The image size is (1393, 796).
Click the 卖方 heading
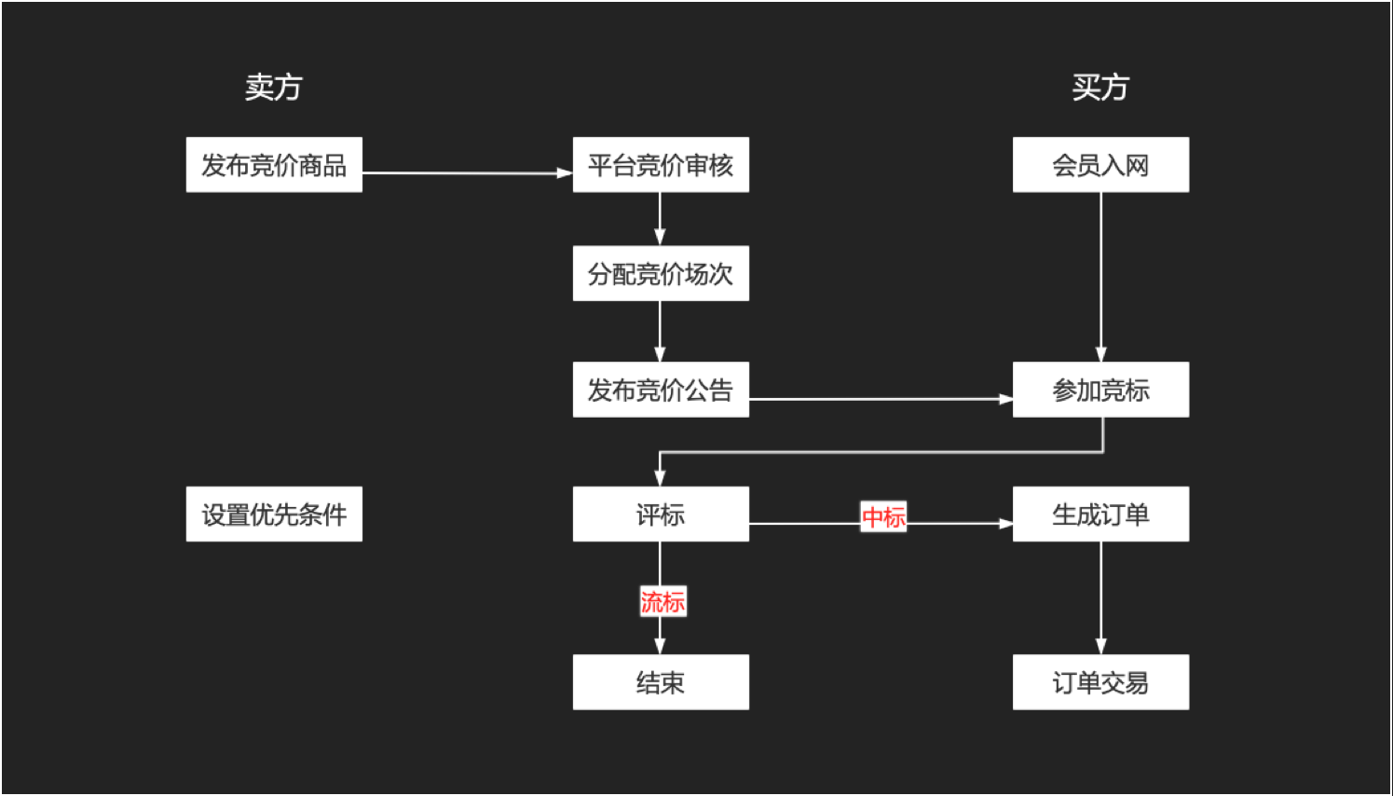point(273,88)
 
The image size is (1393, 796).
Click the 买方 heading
point(1099,88)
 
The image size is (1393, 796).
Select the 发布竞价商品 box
point(274,165)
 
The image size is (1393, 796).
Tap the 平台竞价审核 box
point(661,165)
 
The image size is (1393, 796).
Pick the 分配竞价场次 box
point(661,273)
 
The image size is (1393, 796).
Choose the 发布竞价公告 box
point(661,390)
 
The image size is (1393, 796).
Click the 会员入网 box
point(1100,165)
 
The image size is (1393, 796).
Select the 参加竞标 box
point(1100,390)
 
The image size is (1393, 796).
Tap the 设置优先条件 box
point(274,514)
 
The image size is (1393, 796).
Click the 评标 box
point(661,514)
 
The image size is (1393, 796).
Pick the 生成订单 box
point(1100,514)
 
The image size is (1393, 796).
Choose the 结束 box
point(661,682)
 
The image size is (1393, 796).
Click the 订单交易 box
point(1100,682)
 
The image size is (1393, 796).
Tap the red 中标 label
point(883,516)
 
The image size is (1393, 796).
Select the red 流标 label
point(662,601)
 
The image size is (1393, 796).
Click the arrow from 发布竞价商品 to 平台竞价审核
point(466,172)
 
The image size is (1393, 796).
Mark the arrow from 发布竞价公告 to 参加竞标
point(881,399)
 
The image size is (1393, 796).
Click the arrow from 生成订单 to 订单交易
point(1100,597)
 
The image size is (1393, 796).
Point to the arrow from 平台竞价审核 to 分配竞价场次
point(660,219)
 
